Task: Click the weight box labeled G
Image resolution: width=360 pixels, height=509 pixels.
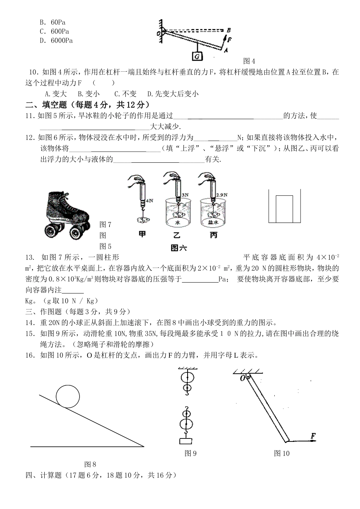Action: (197, 56)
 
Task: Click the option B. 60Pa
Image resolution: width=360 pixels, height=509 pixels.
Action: (53, 22)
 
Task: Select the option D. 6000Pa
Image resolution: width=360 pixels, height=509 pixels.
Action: (56, 41)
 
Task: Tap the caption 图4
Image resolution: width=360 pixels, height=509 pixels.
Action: (249, 61)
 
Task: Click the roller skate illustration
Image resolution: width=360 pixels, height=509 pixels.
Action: (68, 215)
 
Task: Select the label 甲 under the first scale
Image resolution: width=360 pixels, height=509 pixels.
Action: (142, 234)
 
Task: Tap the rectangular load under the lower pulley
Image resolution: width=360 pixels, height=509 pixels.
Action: (185, 441)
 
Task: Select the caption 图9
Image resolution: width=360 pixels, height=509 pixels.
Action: (190, 453)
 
